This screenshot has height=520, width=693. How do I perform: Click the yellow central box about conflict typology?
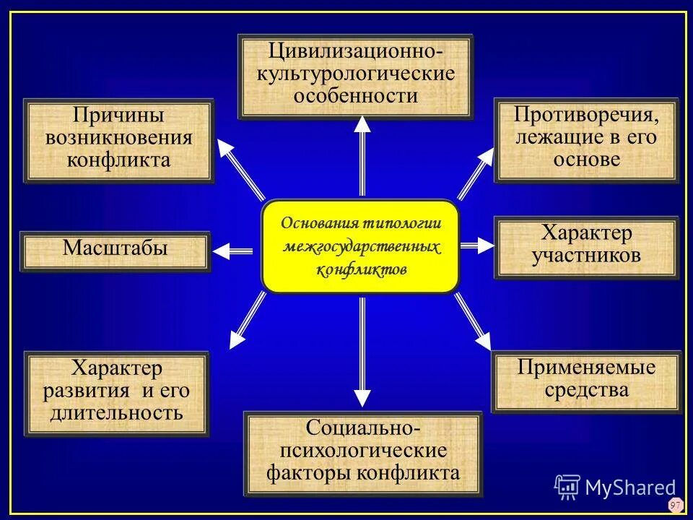point(360,246)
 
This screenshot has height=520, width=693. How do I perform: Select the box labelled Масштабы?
point(115,250)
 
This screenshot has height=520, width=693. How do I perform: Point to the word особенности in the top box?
point(356,95)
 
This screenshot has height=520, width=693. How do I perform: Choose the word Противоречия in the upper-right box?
point(585,114)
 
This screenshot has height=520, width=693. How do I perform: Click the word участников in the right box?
point(586,255)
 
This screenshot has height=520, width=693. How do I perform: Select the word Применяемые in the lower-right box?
point(586,368)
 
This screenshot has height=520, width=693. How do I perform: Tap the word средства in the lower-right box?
point(586,391)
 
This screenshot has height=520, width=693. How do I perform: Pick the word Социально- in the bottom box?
point(362,428)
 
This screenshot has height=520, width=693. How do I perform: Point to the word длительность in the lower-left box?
point(116,414)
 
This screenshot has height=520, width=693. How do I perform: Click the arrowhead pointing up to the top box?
point(362,124)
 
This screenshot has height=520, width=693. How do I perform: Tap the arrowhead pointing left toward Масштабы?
point(221,251)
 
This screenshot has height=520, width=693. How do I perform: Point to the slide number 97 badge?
point(675,505)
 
